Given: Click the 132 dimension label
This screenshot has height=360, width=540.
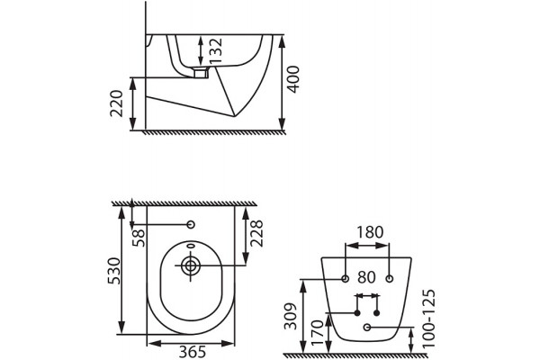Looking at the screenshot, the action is [216, 50].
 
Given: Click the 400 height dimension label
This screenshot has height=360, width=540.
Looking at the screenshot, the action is [293, 79].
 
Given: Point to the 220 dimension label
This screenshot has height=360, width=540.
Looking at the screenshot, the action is [117, 103].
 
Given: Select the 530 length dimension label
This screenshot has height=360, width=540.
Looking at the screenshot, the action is [114, 271].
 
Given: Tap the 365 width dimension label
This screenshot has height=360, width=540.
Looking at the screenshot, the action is [193, 352].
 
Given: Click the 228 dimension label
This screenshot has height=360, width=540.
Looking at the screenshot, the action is [256, 233].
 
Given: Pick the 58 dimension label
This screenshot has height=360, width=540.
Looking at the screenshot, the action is [139, 238].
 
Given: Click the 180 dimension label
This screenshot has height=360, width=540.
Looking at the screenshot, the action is [370, 232].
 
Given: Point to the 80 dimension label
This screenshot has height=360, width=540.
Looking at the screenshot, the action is [366, 277].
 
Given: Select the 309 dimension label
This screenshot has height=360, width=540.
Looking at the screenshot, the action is [290, 316].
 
